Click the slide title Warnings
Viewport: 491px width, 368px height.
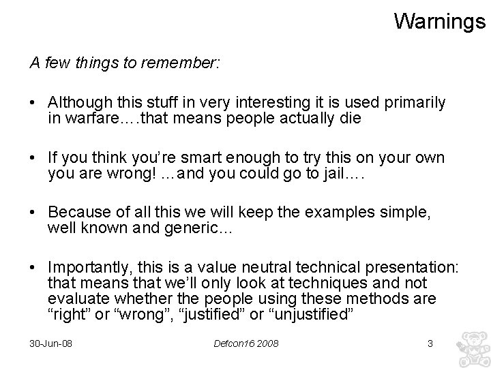pyautogui.click(x=439, y=21)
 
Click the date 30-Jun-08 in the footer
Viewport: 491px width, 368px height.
pyautogui.click(x=51, y=343)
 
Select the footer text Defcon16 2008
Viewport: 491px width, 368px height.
pyautogui.click(x=246, y=343)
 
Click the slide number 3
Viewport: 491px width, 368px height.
pyautogui.click(x=430, y=343)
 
